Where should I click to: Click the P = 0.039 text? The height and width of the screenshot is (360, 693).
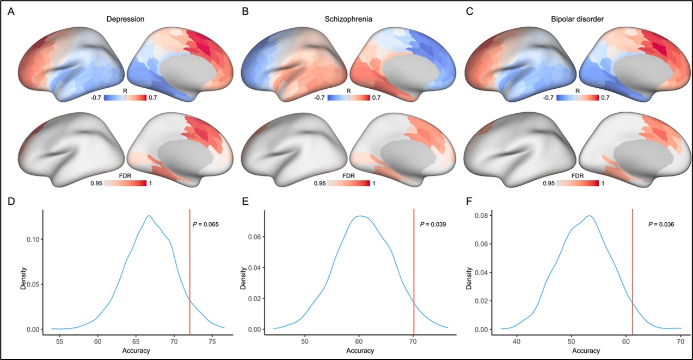[x=433, y=223]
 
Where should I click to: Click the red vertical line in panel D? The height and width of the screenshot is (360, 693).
[x=189, y=272]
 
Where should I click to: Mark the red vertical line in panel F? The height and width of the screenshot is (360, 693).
[x=632, y=272]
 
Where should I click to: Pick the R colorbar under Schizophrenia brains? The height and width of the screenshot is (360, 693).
[x=348, y=98]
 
